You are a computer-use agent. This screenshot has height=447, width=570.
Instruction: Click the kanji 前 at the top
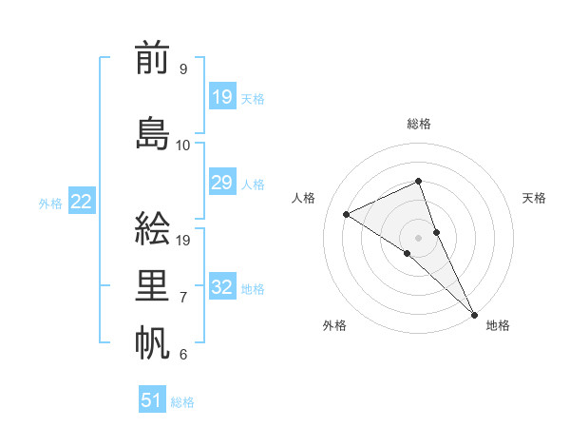[152, 59]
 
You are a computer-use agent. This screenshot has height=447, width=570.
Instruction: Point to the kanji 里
[152, 284]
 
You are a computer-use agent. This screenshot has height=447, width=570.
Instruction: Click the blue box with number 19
[222, 96]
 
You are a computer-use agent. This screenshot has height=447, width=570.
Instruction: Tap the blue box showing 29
[222, 183]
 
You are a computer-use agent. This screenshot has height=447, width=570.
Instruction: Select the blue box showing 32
[222, 287]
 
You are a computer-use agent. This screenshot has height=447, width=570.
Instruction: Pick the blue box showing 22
[82, 201]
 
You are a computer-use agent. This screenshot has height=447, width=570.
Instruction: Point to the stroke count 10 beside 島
[183, 146]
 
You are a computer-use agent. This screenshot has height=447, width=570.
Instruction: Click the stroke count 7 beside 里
[183, 298]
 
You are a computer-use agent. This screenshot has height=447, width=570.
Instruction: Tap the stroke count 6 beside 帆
[183, 355]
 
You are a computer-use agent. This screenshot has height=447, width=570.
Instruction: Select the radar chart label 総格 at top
[419, 124]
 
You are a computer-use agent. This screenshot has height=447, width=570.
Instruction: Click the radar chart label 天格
[534, 198]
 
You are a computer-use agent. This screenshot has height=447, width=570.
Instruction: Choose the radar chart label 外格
[334, 326]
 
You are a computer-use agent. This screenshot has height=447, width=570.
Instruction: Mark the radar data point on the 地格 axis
[474, 314]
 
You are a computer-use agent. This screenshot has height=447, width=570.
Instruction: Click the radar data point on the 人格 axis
[346, 214]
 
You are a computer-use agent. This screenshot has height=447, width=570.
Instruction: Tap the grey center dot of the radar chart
[419, 237]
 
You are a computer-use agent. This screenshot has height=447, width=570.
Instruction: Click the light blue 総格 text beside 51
[182, 402]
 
